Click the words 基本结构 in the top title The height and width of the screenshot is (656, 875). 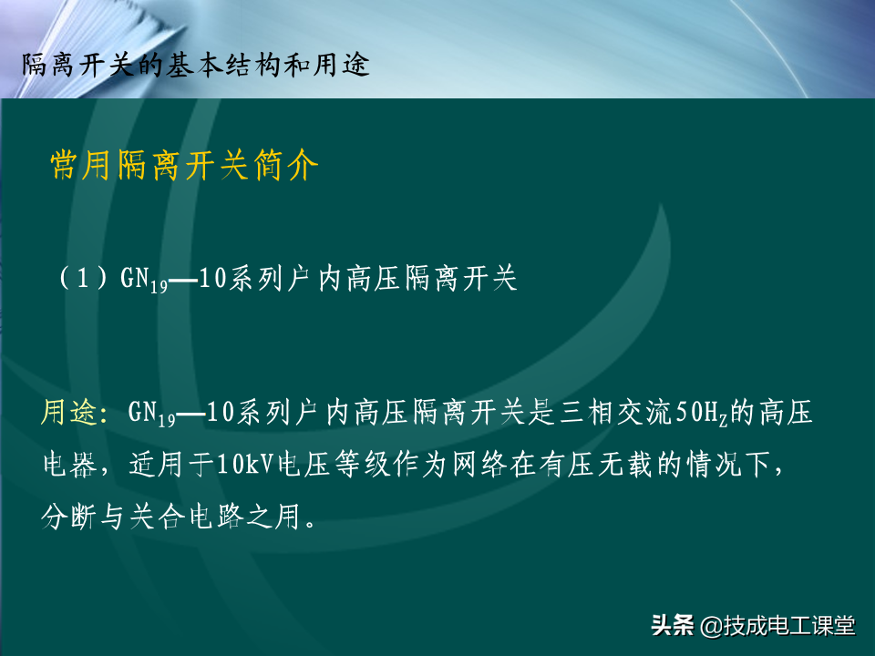(x=224, y=65)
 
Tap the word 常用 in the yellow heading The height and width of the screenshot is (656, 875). (x=79, y=165)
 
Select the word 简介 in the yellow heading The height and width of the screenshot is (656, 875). (x=285, y=165)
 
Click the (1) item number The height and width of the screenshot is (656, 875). (x=83, y=278)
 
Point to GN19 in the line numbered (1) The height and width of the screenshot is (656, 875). (x=144, y=279)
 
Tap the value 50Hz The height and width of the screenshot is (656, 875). (x=703, y=414)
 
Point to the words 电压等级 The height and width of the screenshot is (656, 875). (x=334, y=464)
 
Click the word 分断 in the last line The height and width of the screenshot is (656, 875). (x=68, y=516)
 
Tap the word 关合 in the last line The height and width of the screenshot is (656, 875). (x=157, y=516)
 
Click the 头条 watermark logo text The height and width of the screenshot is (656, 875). (x=673, y=625)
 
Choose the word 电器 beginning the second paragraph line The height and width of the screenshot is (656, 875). (x=70, y=464)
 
